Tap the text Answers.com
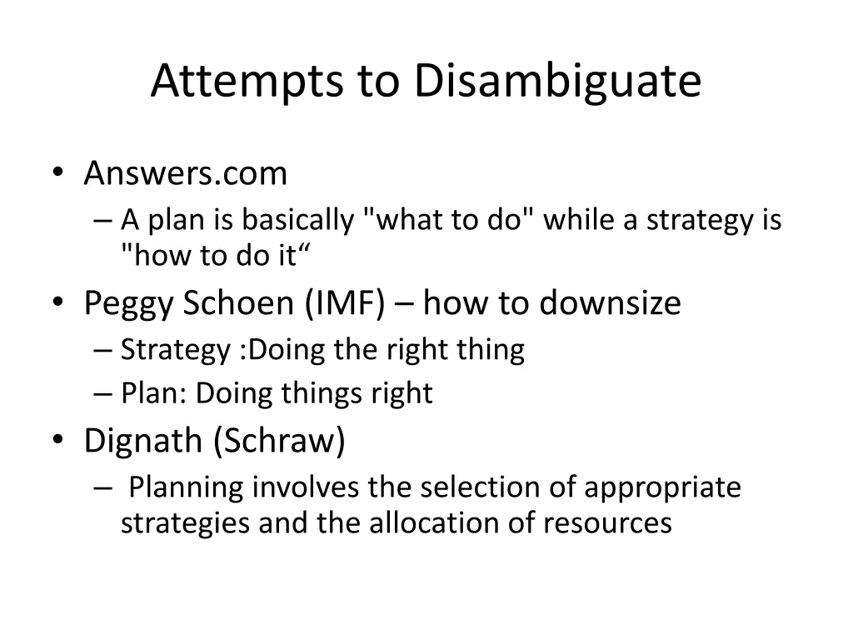(x=185, y=173)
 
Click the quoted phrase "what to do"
(x=450, y=220)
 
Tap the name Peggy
(x=129, y=303)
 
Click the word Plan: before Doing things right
(x=154, y=393)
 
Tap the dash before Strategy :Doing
(x=103, y=350)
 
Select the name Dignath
(x=143, y=441)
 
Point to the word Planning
(x=187, y=487)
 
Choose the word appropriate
(x=662, y=487)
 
